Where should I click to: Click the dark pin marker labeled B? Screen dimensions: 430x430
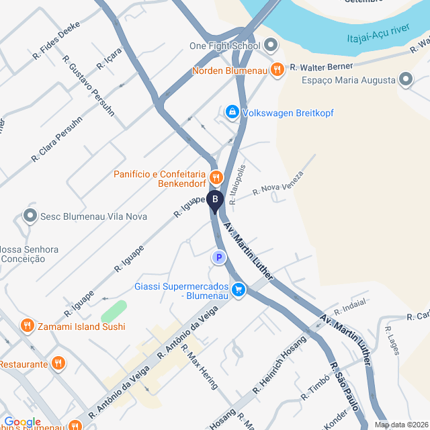[214, 200]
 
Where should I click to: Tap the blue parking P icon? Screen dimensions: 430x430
[217, 257]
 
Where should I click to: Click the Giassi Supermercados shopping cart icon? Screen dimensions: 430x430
[239, 290]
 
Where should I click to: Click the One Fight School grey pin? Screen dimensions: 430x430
[271, 46]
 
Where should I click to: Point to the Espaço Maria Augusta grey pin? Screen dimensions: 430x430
[406, 80]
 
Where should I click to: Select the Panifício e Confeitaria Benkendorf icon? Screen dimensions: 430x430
[216, 177]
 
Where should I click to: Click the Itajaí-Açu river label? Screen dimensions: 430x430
[378, 39]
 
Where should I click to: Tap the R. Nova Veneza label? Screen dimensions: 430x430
[278, 183]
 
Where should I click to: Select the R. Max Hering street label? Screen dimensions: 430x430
[200, 370]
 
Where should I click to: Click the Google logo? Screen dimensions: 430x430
[22, 421]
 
